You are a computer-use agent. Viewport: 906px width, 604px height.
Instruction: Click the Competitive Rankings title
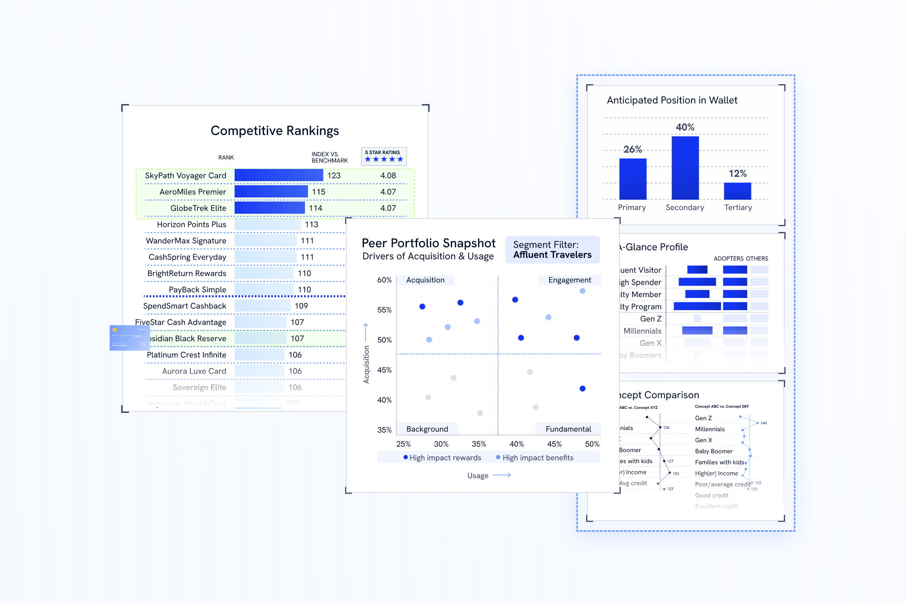(x=275, y=131)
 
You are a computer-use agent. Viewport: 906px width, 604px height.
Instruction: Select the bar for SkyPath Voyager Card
(x=278, y=175)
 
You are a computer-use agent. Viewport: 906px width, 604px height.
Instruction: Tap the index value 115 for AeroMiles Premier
(x=318, y=192)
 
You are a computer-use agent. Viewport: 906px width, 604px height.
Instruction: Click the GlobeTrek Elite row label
(x=198, y=208)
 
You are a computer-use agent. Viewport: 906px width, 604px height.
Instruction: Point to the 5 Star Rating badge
(x=384, y=156)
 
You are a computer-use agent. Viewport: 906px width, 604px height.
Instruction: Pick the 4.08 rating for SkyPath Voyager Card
(x=388, y=176)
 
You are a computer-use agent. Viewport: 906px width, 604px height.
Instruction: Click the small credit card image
(x=129, y=338)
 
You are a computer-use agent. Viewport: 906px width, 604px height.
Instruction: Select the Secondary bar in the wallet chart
(x=685, y=168)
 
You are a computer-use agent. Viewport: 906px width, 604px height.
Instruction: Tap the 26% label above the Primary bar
(x=632, y=149)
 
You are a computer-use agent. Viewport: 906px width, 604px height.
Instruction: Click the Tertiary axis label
(x=737, y=207)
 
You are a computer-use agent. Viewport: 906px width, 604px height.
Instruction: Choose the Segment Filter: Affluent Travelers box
(x=552, y=249)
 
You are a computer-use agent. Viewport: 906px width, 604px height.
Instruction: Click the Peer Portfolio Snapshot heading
(x=428, y=243)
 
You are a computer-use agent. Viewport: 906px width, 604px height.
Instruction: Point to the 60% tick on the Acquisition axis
(x=384, y=280)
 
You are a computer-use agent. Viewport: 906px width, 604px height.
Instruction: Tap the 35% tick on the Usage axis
(x=479, y=444)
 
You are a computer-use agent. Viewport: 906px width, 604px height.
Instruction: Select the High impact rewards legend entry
(x=442, y=458)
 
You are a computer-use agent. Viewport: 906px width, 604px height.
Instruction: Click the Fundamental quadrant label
(x=568, y=429)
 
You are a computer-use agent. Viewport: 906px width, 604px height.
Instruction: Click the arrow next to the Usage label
(x=501, y=475)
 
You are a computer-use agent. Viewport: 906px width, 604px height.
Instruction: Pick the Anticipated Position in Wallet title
(x=672, y=101)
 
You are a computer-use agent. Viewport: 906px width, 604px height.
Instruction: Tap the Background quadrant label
(x=427, y=429)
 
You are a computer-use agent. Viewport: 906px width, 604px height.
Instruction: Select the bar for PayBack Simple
(x=264, y=290)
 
